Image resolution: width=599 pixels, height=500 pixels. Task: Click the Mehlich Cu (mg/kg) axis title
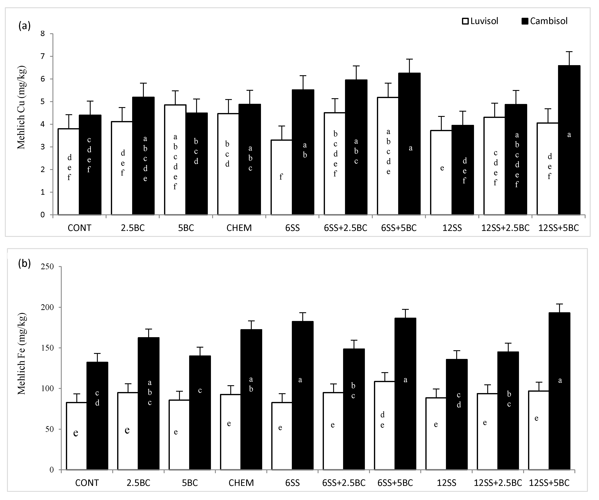tap(21, 108)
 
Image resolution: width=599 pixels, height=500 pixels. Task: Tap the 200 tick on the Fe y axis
tap(48, 307)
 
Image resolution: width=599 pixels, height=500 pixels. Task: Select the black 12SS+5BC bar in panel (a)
tap(569, 140)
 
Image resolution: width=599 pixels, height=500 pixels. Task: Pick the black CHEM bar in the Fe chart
tap(251, 399)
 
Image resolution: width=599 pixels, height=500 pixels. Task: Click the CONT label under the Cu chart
tap(79, 228)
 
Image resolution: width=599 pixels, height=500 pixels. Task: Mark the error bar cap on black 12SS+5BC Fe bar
tap(559, 304)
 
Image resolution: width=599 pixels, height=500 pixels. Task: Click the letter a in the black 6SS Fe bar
tap(300, 380)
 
